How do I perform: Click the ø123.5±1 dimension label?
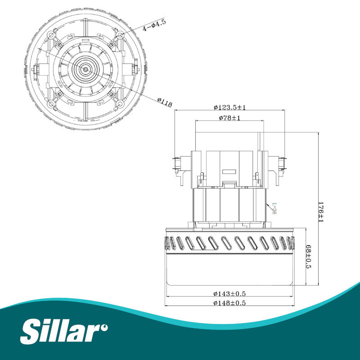tap(229, 107)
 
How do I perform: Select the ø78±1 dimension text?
tap(229, 118)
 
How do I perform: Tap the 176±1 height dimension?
tap(320, 212)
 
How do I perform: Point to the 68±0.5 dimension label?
tap(308, 256)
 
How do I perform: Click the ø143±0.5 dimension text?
tap(229, 294)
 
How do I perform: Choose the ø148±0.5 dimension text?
tap(229, 303)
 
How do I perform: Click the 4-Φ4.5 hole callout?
tap(154, 25)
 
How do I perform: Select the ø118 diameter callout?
tap(165, 102)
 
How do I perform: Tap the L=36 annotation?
tap(274, 208)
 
